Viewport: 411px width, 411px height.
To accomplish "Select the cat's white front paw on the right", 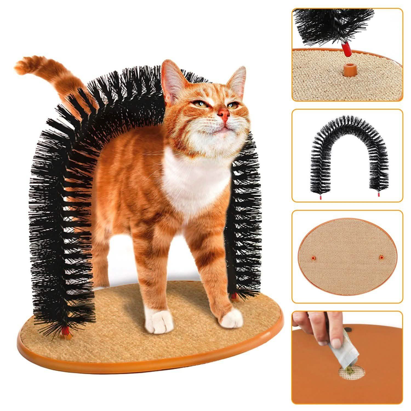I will pyautogui.click(x=232, y=319).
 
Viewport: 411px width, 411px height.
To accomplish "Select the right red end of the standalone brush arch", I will pyautogui.click(x=378, y=195).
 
